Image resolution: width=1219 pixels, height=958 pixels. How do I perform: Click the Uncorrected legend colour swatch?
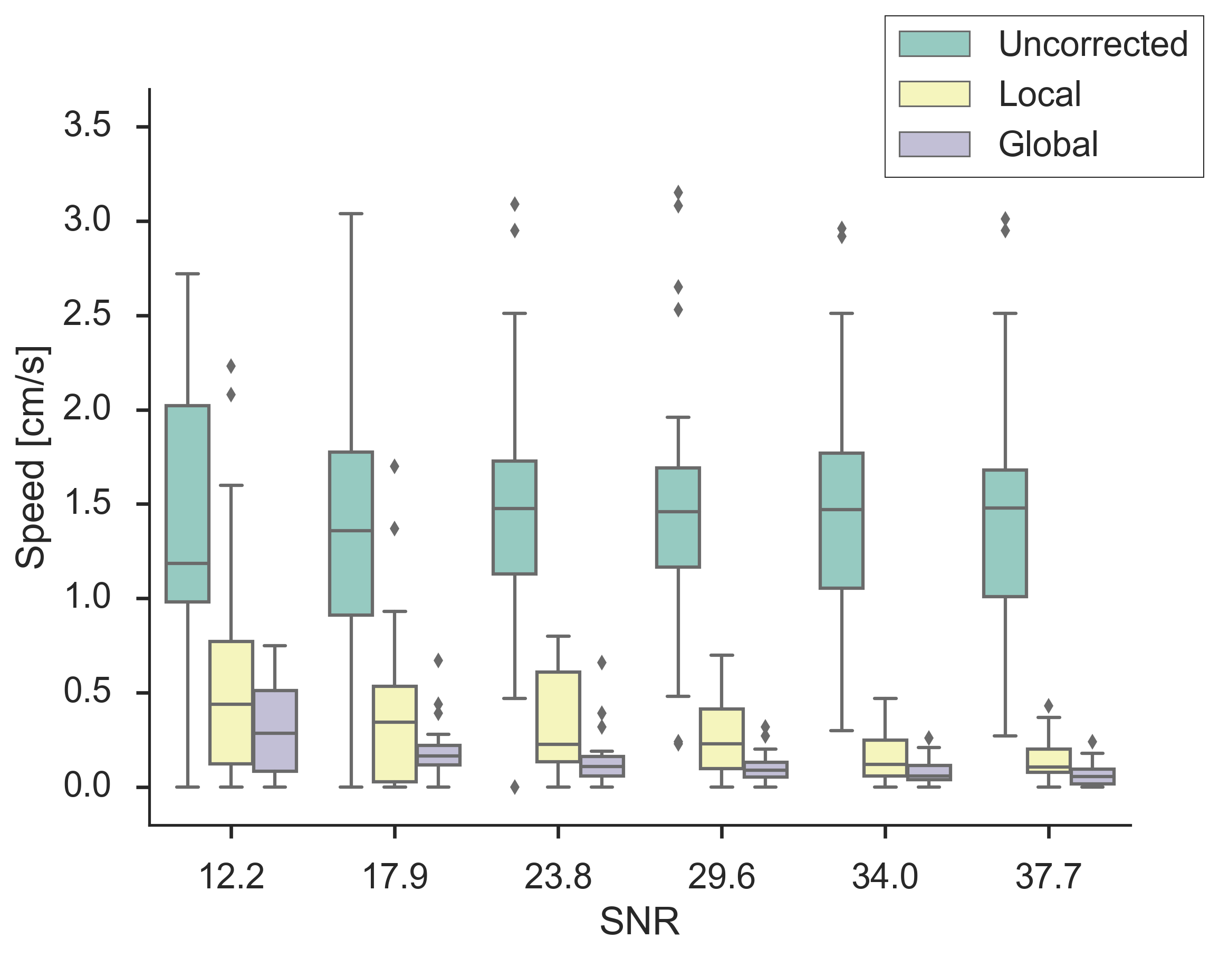coord(934,44)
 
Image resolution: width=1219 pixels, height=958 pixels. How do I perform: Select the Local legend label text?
coord(1040,94)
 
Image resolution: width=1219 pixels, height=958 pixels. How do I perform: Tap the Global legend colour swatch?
coord(934,144)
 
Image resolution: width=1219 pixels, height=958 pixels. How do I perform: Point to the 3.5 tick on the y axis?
coord(142,127)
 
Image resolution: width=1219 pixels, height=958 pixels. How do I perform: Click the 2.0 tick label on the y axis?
coord(87,409)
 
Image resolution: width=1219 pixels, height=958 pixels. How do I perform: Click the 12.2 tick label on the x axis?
coord(231,877)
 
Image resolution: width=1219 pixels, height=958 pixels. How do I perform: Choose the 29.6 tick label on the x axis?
coord(721,877)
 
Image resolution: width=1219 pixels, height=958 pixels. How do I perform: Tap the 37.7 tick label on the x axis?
coord(1048,877)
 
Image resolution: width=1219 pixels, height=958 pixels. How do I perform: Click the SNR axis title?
coord(639,922)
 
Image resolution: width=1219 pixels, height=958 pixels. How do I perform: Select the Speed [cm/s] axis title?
coord(32,457)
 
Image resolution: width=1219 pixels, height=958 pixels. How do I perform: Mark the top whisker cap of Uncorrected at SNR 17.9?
coord(352,214)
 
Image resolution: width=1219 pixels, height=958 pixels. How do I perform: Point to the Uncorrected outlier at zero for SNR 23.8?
coord(515,787)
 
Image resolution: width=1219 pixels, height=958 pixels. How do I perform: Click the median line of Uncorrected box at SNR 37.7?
coord(1005,507)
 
